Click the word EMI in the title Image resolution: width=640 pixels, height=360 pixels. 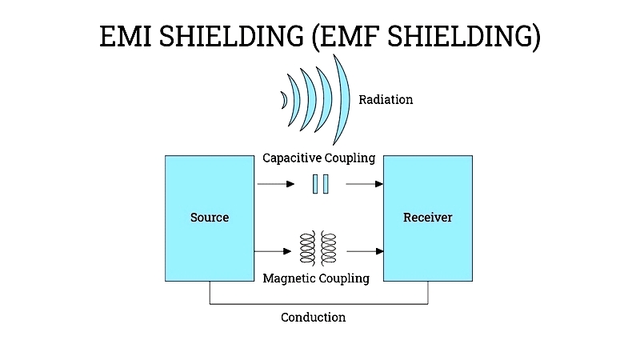126,36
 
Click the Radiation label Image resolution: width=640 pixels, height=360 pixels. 386,99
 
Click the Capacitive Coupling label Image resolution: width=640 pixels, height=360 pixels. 318,158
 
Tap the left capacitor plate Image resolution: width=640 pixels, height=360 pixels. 315,184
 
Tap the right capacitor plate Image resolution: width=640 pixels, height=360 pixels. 326,184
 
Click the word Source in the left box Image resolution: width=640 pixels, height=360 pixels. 210,217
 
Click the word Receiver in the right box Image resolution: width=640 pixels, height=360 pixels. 428,217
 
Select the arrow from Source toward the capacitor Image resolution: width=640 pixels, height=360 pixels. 276,184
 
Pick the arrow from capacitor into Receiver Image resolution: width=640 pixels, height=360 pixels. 365,184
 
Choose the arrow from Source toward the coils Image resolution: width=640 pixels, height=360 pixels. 273,251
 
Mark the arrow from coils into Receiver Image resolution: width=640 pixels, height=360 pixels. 365,251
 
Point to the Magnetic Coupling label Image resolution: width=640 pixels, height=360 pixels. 316,278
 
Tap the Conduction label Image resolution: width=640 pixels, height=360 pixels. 313,317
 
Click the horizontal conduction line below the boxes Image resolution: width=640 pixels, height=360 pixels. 318,304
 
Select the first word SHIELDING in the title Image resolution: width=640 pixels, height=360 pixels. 231,36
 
